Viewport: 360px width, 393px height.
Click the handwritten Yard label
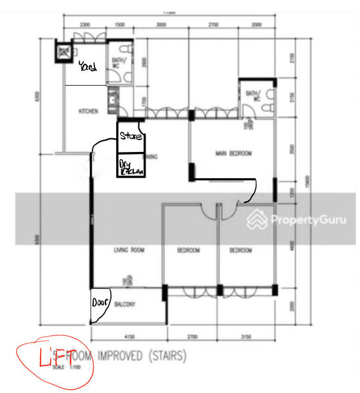pyautogui.click(x=87, y=66)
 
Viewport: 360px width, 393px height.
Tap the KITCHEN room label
pyautogui.click(x=89, y=111)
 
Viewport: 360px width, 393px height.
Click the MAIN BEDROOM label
pyautogui.click(x=233, y=154)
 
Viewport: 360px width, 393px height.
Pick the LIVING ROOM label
pyautogui.click(x=129, y=250)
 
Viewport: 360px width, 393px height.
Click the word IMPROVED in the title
pyautogui.click(x=123, y=357)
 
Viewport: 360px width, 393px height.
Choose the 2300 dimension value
pyautogui.click(x=85, y=24)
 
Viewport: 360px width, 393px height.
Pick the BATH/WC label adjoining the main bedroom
pyautogui.click(x=252, y=96)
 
